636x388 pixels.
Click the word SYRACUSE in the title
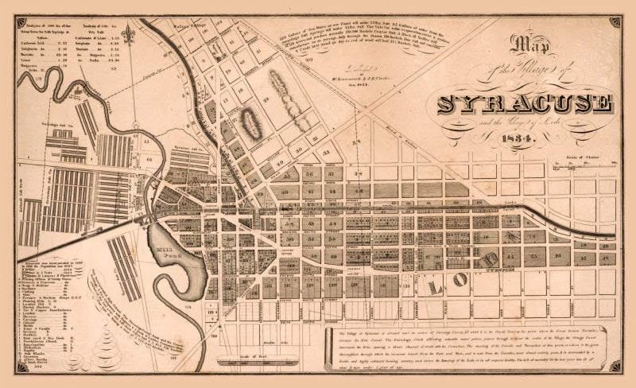point(525,104)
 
